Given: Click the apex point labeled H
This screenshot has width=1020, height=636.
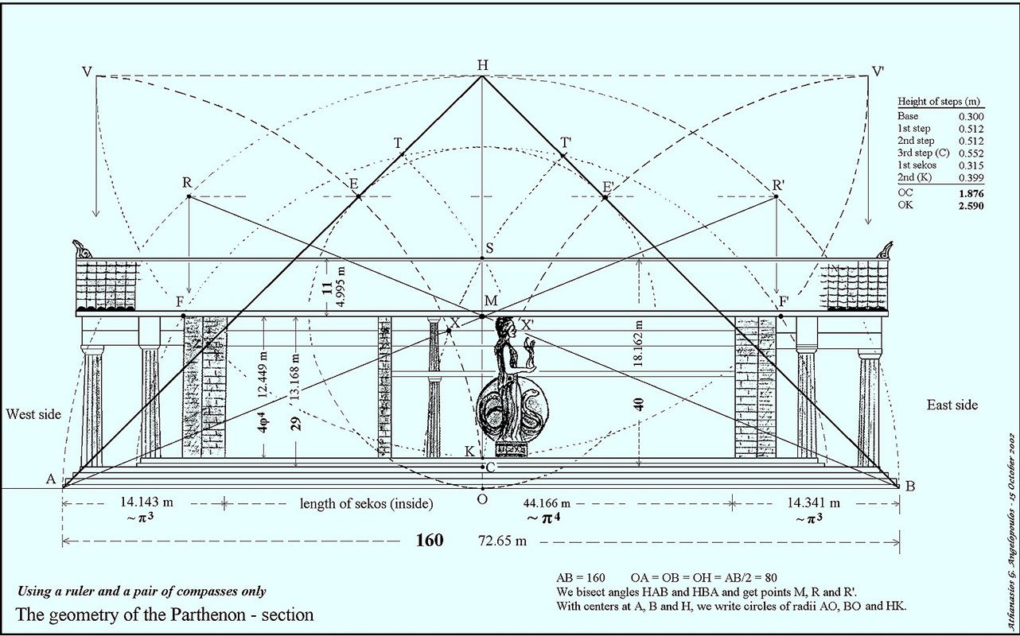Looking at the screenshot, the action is tap(482, 76).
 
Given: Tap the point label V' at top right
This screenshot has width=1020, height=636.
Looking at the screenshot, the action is tap(878, 72).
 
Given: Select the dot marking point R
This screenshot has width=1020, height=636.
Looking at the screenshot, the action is tap(189, 196).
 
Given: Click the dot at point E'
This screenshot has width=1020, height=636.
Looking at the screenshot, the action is tap(605, 197).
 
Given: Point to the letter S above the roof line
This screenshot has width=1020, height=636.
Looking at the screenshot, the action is tap(489, 248).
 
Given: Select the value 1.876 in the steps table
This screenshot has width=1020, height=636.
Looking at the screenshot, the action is tap(971, 193).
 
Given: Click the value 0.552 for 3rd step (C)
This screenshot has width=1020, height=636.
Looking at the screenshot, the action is tap(971, 153).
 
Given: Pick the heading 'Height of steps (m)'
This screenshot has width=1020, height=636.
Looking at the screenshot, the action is tap(939, 101).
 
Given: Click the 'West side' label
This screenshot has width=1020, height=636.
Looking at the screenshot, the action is tap(33, 414).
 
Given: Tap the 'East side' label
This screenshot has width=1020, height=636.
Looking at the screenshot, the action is tap(952, 405).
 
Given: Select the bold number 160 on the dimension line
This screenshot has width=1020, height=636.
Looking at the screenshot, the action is tap(430, 540).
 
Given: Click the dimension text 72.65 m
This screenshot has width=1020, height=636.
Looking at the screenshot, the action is tap(502, 541).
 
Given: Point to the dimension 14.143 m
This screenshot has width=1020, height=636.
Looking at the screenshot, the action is tap(146, 502).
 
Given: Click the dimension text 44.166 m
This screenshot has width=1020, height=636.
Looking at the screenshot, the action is tap(547, 503).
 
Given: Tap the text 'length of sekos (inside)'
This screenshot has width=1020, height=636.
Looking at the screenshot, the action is tap(366, 503).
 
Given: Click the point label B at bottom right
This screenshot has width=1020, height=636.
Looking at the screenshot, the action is tap(909, 487).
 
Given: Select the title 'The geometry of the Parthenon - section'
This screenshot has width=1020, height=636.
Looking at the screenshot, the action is tap(165, 615).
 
